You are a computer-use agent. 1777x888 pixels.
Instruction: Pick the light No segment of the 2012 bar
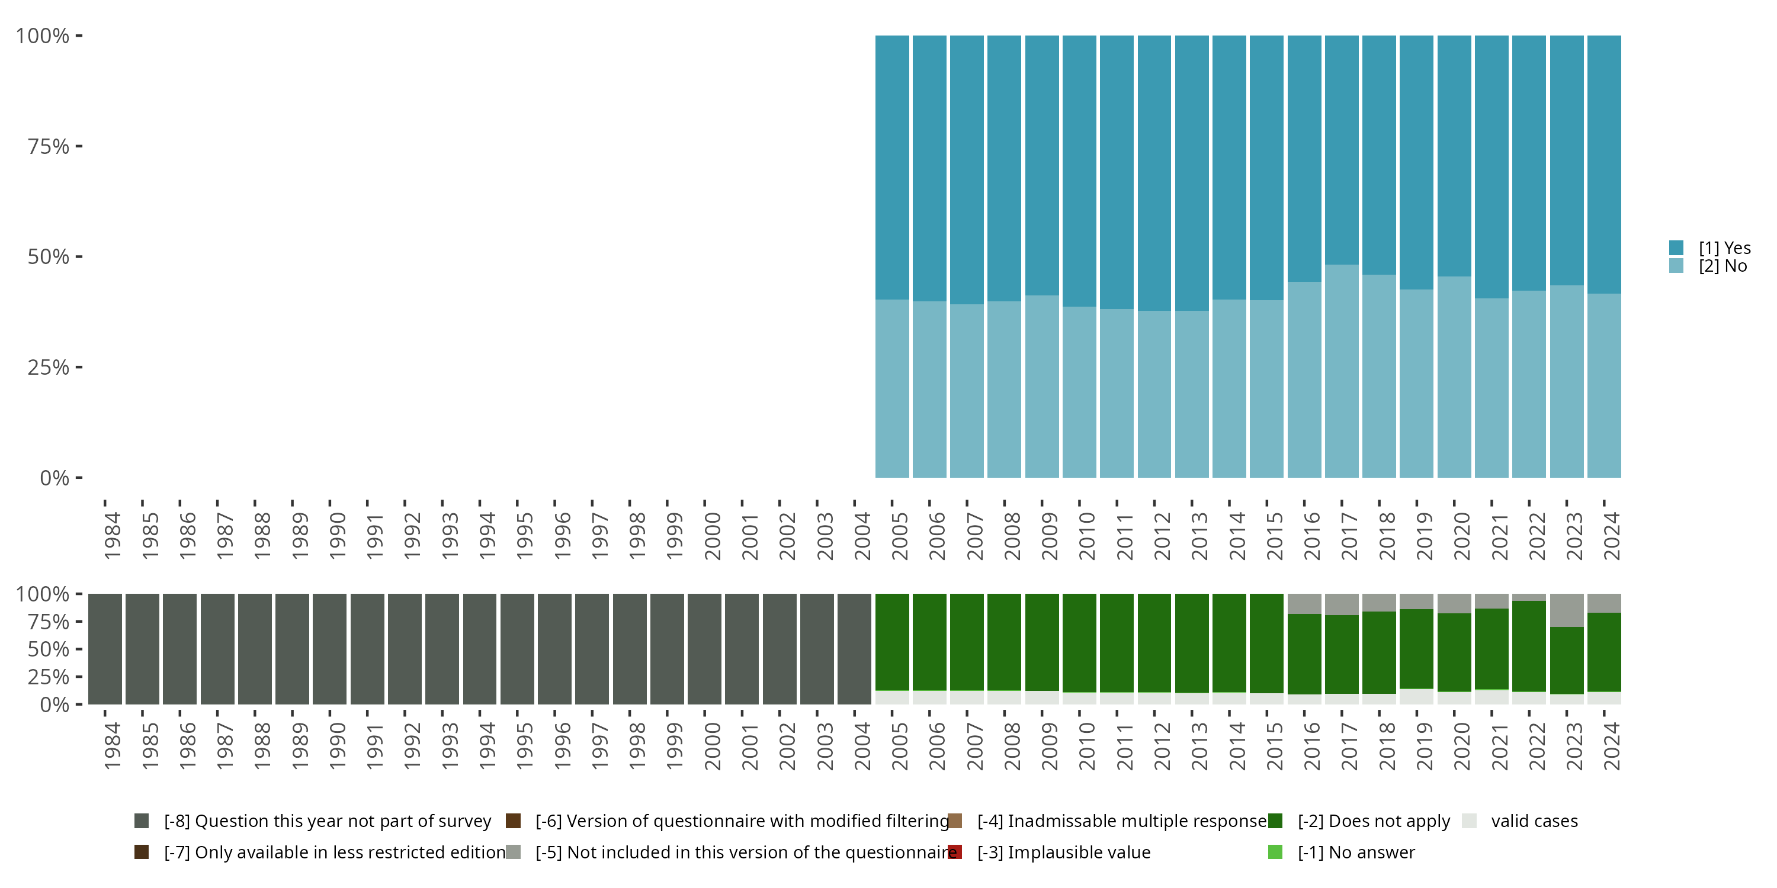(x=1154, y=394)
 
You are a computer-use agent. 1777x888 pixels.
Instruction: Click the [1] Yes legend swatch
(x=1676, y=247)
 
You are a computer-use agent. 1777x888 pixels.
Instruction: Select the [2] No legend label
(x=1723, y=266)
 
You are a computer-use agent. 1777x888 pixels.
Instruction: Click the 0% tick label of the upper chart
(x=54, y=478)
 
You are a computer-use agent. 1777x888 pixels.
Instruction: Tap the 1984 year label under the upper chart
(x=113, y=536)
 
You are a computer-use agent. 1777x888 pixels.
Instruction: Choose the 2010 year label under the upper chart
(x=1087, y=536)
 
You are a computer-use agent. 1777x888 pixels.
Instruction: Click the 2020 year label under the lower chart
(x=1462, y=746)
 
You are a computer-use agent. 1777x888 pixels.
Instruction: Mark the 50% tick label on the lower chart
(x=49, y=649)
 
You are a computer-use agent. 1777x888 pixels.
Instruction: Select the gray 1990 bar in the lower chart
(x=330, y=649)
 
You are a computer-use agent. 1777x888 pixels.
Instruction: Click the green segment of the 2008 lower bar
(x=1005, y=641)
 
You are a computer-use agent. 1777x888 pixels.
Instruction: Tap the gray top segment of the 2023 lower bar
(x=1567, y=610)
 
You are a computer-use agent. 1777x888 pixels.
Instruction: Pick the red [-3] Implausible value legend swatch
(x=955, y=852)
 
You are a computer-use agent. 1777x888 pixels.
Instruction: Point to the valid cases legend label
(x=1534, y=821)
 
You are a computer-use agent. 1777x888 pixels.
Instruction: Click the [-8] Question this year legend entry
(x=327, y=821)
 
